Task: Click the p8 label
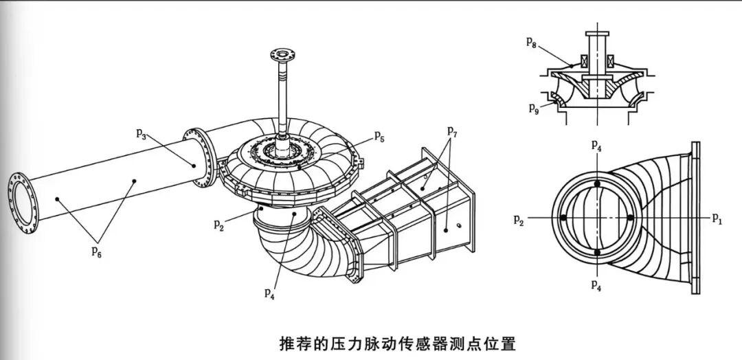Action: click(x=532, y=43)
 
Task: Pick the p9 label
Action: click(x=533, y=107)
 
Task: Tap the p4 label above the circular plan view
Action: click(x=597, y=146)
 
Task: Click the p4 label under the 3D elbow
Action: click(x=270, y=292)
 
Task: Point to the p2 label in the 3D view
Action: click(x=218, y=224)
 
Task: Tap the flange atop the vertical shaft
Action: click(x=282, y=52)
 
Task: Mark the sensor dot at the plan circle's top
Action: click(x=598, y=184)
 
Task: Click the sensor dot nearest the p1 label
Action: click(x=631, y=218)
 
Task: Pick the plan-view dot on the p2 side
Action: click(x=564, y=218)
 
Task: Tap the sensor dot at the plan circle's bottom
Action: click(x=598, y=252)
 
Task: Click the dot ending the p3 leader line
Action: click(x=195, y=165)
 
